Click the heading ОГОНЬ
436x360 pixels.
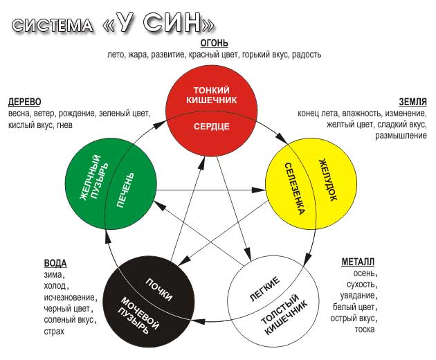click(214, 43)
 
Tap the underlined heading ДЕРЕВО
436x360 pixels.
click(24, 102)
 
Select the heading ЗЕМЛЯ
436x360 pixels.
click(412, 102)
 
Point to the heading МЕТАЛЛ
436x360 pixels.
click(358, 262)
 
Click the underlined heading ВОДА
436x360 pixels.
click(55, 263)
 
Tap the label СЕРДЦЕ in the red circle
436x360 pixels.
click(212, 127)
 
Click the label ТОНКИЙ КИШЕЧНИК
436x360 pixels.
click(212, 95)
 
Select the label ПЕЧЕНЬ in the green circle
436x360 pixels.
click(125, 190)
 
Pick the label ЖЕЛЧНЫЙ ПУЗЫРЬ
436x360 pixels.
click(94, 177)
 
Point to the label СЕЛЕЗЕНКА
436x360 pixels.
click(294, 189)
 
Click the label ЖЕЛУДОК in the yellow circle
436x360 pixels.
click(328, 180)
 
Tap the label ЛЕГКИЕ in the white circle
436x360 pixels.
click(264, 289)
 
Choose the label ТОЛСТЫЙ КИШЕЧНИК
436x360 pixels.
click(284, 314)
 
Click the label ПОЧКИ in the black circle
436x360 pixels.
click(158, 289)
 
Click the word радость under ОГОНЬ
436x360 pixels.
click(307, 55)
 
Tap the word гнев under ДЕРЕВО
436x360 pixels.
click(64, 125)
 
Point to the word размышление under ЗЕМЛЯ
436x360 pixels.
click(401, 136)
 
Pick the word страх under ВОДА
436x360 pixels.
click(54, 331)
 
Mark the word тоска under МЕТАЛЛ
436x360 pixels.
click(365, 330)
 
